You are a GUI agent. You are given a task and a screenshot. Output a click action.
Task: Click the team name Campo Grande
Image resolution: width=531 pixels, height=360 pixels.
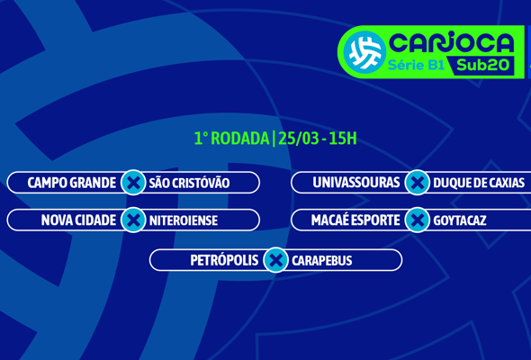pyautogui.click(x=71, y=183)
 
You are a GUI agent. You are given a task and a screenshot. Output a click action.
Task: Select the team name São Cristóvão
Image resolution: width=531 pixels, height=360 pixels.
pyautogui.click(x=189, y=183)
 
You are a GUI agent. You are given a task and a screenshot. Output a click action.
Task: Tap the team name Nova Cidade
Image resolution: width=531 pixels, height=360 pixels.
pyautogui.click(x=78, y=220)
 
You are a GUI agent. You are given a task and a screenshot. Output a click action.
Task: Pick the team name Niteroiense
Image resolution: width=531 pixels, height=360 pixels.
pyautogui.click(x=183, y=220)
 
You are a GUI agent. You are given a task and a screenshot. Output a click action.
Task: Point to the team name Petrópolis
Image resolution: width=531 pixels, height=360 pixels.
pyautogui.click(x=224, y=260)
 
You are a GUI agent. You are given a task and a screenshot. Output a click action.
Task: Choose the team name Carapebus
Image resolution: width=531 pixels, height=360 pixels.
pyautogui.click(x=321, y=260)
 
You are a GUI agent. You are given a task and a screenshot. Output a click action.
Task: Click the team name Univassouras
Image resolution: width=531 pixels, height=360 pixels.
pyautogui.click(x=355, y=183)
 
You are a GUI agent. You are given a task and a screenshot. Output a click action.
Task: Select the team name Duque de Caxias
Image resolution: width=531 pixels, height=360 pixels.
pyautogui.click(x=478, y=183)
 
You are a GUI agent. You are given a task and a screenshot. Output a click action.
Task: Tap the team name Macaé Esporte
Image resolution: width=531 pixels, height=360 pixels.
pyautogui.click(x=355, y=220)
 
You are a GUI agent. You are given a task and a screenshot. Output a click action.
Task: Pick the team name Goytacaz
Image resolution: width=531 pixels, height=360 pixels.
pyautogui.click(x=459, y=220)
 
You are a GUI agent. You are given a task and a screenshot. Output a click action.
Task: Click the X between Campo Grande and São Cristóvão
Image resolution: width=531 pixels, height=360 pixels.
pyautogui.click(x=133, y=183)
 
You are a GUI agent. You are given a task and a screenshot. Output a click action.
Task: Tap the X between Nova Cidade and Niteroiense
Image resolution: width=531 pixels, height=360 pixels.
pyautogui.click(x=133, y=220)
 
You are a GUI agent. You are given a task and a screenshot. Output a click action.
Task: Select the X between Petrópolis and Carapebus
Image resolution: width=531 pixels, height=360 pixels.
pyautogui.click(x=275, y=260)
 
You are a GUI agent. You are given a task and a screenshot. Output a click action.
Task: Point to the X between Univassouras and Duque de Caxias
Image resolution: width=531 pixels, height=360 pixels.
pyautogui.click(x=417, y=183)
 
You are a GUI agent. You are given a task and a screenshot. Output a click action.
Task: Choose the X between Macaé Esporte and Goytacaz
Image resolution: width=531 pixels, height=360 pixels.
pyautogui.click(x=417, y=220)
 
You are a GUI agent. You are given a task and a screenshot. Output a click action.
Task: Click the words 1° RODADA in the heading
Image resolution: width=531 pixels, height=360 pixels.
pyautogui.click(x=231, y=139)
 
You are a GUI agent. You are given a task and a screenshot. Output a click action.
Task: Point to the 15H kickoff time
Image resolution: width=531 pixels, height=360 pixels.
pyautogui.click(x=342, y=139)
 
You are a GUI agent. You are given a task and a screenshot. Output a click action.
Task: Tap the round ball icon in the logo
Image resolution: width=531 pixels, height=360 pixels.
pyautogui.click(x=364, y=51)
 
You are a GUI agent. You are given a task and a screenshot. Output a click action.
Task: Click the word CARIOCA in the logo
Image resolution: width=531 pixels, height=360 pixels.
pyautogui.click(x=451, y=42)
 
